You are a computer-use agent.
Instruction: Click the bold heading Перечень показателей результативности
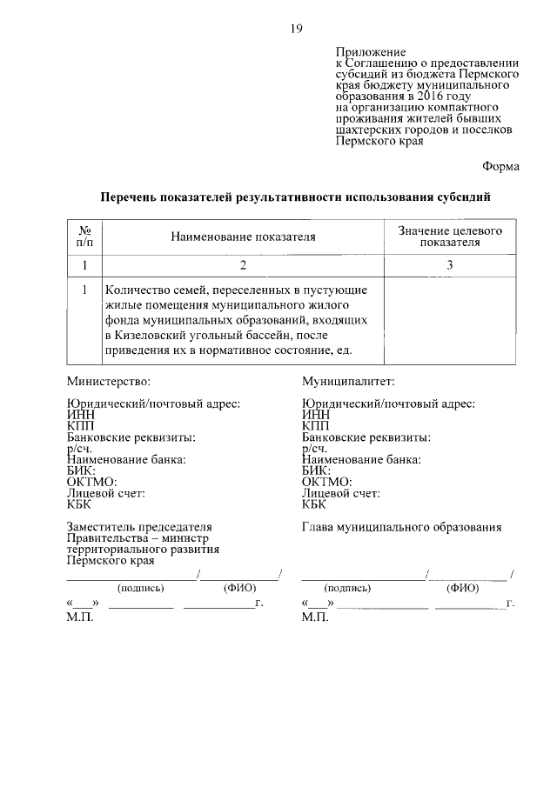click(295, 197)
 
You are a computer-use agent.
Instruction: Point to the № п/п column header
click(84, 236)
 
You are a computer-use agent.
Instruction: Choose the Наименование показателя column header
click(242, 237)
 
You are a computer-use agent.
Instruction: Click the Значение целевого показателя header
click(450, 236)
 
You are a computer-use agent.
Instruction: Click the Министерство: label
click(109, 381)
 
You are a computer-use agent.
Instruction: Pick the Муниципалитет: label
click(349, 381)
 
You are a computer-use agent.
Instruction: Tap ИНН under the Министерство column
click(80, 415)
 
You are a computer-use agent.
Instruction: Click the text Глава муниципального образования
click(401, 527)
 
